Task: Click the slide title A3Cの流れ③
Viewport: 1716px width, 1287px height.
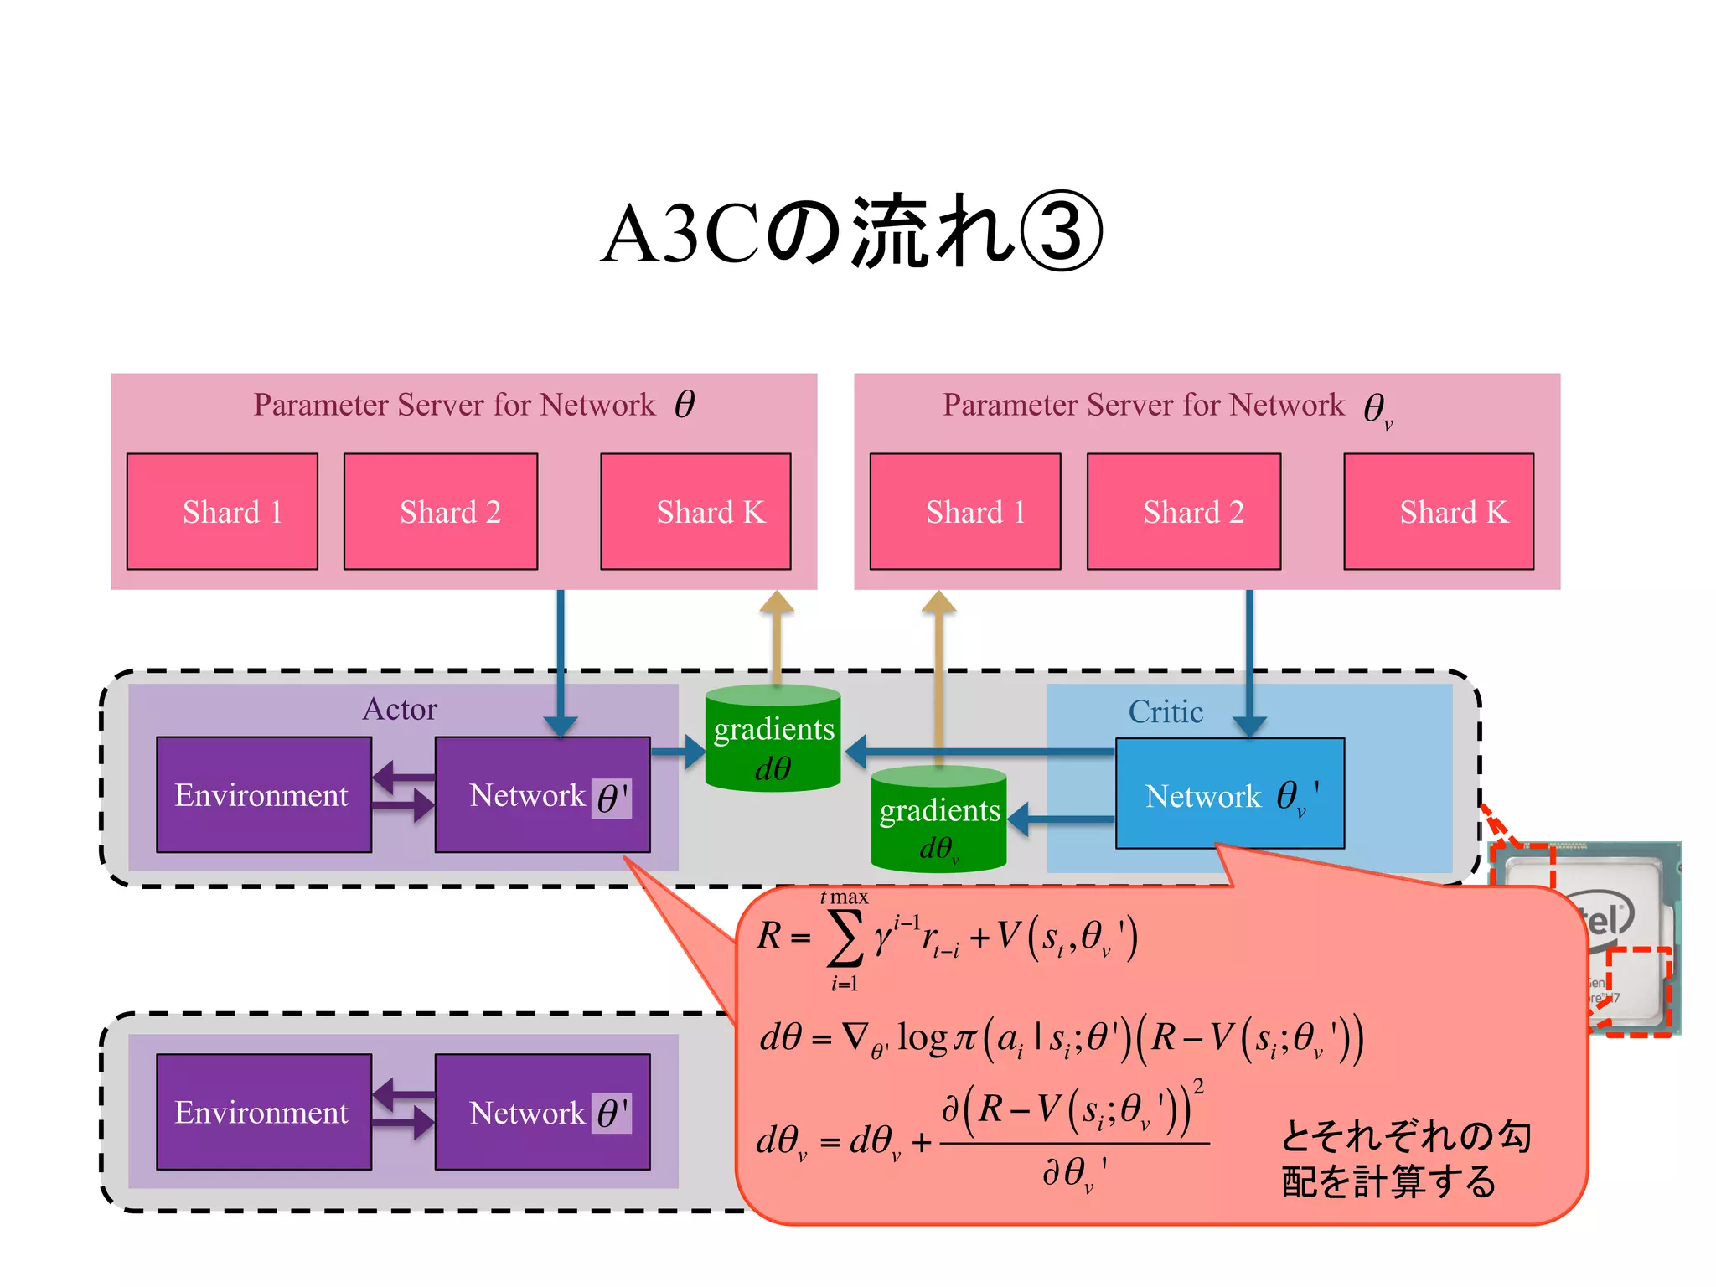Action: [851, 232]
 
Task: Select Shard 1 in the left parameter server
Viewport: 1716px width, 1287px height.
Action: [222, 512]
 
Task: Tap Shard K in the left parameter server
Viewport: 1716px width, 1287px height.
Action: [695, 512]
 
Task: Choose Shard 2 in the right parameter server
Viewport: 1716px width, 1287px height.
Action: [1183, 512]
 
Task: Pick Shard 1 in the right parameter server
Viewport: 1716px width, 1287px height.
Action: [965, 512]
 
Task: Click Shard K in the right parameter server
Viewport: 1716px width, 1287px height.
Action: [1439, 512]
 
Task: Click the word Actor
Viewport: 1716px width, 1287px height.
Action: [400, 709]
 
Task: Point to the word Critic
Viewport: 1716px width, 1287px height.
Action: [1166, 711]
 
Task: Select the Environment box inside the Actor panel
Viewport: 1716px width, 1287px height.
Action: [263, 794]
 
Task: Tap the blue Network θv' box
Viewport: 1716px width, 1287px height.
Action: [1229, 794]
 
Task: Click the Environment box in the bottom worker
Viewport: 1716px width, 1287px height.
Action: [263, 1112]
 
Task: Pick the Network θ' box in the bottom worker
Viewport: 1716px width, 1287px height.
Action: [542, 1112]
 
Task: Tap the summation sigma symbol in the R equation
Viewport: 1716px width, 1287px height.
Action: [845, 938]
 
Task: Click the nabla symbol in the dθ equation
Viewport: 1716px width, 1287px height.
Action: [855, 1036]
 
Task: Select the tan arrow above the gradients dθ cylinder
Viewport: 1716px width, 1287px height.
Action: [777, 633]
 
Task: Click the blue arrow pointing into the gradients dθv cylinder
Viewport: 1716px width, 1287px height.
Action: [1061, 819]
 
